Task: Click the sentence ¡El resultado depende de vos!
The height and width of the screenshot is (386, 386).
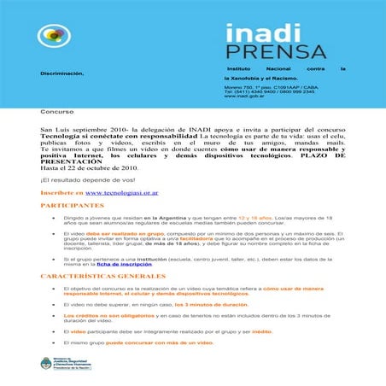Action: coord(88,178)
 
